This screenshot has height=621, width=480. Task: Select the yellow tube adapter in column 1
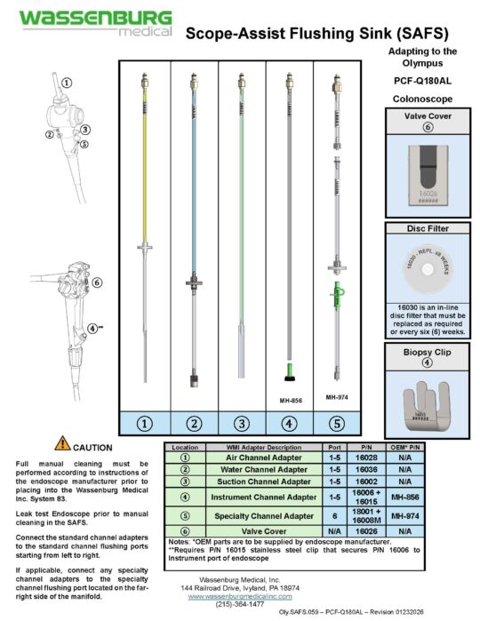[144, 160]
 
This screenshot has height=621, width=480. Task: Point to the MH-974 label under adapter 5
[336, 397]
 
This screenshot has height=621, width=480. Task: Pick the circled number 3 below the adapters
[241, 424]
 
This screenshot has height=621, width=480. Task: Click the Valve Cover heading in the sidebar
[424, 115]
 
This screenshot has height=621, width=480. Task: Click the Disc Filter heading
[424, 228]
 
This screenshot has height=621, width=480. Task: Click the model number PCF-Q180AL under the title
[424, 79]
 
